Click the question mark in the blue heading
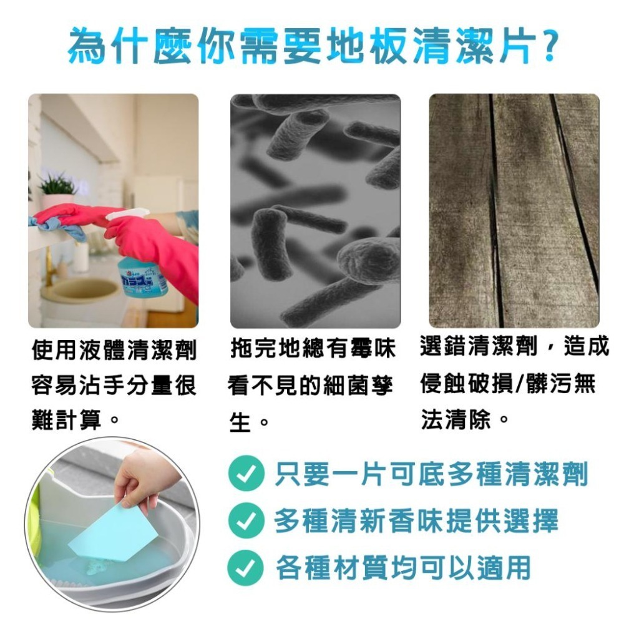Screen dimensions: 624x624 pos(548,45)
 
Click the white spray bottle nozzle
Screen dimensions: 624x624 pos(125,214)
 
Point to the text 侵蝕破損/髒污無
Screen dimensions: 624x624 pos(507,384)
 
